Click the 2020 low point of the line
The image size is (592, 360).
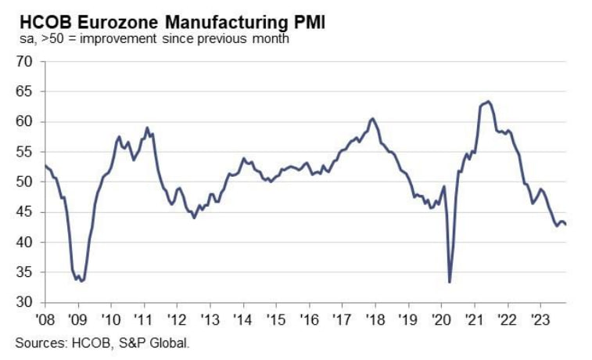[x=450, y=282]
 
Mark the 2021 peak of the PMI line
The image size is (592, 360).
[x=488, y=101]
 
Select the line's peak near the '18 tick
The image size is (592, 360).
[x=373, y=118]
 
